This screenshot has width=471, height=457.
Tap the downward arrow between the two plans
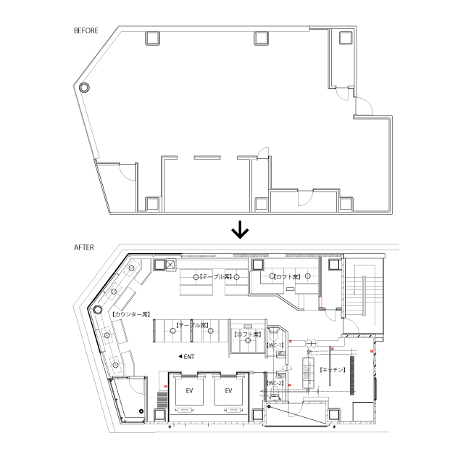240,230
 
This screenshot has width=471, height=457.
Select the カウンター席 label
131,314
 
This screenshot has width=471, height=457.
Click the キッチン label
332,369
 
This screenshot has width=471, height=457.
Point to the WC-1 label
275,346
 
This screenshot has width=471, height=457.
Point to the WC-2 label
275,382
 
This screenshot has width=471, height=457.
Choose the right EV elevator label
228,392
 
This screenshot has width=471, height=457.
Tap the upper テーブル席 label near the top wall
215,277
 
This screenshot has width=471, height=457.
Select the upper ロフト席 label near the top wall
287,277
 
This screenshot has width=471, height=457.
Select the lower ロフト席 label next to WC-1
249,334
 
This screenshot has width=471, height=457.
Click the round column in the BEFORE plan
84,87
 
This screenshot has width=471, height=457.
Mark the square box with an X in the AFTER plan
170,265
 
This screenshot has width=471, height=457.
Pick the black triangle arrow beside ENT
180,356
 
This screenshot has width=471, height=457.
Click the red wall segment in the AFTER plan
320,300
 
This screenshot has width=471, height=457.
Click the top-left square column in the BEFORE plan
153,38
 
